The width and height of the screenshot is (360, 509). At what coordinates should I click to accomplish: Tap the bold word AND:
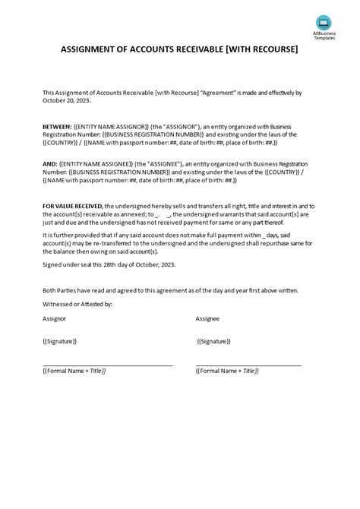(x=51, y=163)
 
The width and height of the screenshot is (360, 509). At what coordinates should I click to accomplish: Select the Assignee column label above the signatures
(x=208, y=320)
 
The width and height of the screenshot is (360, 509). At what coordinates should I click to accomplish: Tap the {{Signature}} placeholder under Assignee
(x=215, y=341)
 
